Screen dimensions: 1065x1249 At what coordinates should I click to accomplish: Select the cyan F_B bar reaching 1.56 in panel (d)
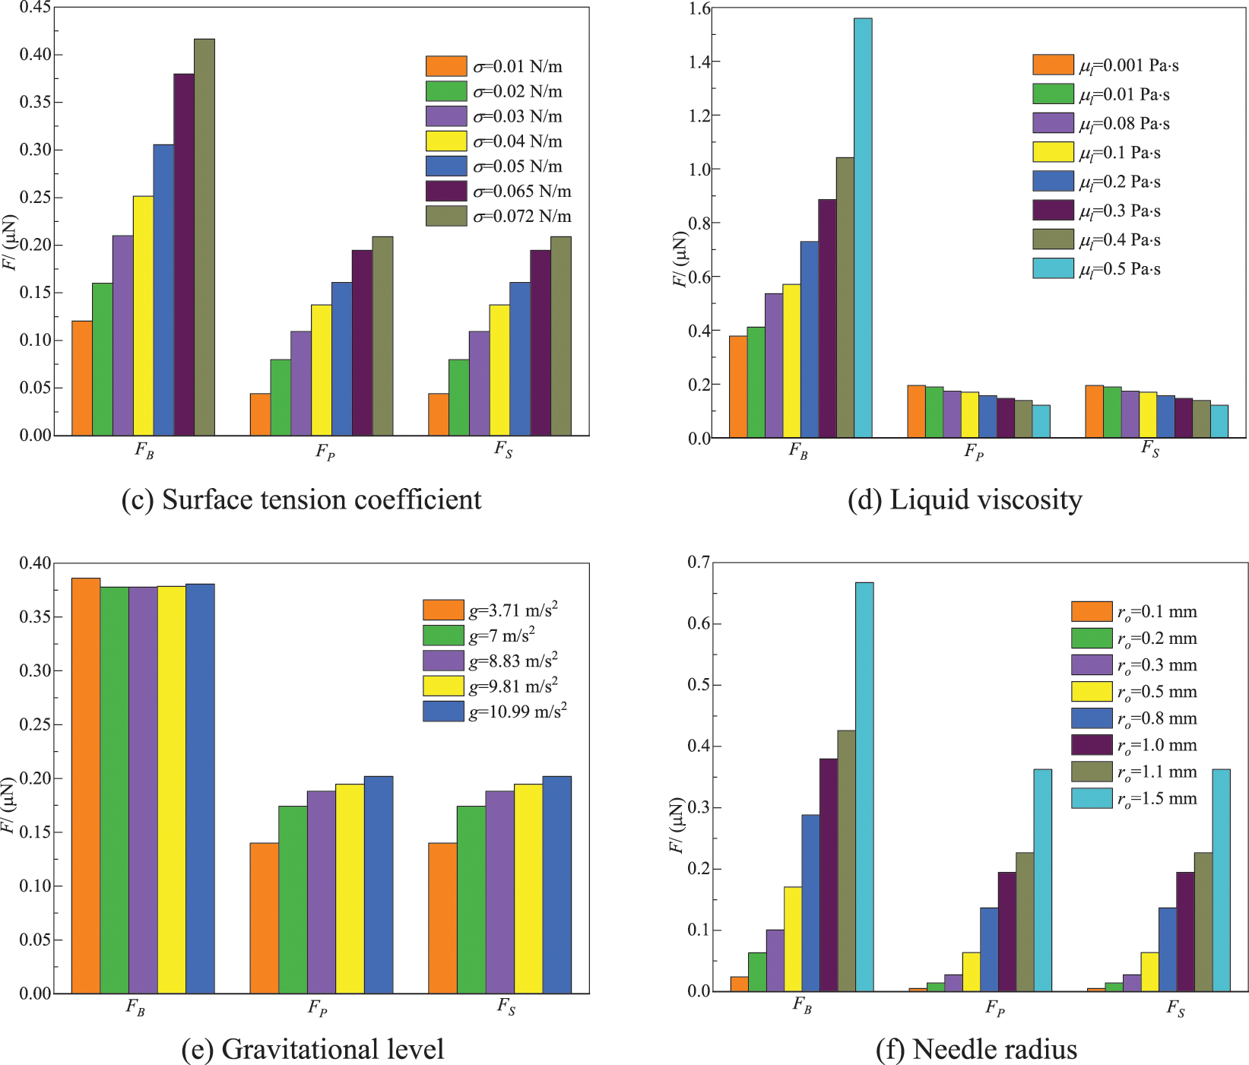[x=863, y=228]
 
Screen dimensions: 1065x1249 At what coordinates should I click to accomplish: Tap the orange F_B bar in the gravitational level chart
[x=85, y=786]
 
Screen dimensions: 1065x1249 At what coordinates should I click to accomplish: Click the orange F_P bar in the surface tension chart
[x=260, y=414]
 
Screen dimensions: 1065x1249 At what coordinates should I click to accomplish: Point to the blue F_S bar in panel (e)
[x=556, y=885]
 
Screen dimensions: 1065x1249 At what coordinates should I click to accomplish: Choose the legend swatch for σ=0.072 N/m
[x=446, y=216]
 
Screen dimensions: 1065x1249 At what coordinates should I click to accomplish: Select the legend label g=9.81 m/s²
[x=513, y=686]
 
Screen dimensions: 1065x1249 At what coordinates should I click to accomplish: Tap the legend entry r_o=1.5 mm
[x=1156, y=799]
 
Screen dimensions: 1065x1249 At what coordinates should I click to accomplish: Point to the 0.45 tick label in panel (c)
[x=36, y=8]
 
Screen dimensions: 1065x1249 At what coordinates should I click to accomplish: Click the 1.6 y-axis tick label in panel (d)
[x=699, y=8]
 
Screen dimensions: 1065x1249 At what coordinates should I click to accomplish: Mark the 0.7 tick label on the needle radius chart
[x=699, y=563]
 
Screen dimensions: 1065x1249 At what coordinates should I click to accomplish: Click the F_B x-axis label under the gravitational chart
[x=135, y=1008]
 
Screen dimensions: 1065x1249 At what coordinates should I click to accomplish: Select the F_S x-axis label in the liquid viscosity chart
[x=1150, y=449]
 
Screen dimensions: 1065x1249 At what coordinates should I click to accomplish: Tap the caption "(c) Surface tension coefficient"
[x=301, y=499]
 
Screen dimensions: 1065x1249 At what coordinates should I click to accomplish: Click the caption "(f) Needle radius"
[x=976, y=1049]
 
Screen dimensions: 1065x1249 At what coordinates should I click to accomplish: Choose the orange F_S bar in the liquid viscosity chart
[x=1094, y=411]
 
